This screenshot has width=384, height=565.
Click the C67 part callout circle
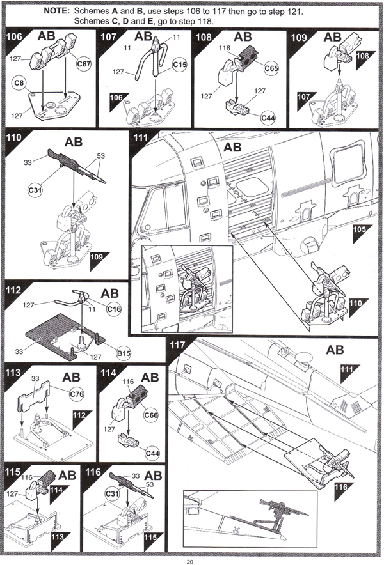pos(84,64)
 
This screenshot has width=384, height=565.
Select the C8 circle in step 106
pos(19,83)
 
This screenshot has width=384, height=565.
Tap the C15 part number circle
pos(179,65)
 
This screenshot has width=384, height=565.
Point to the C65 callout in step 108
pos(271,68)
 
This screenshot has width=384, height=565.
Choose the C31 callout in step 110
pos(35,190)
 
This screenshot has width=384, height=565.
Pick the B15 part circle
pos(124,353)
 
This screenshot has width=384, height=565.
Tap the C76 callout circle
pos(77,394)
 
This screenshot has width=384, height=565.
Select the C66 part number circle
pos(151,415)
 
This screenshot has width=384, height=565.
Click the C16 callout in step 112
pos(114,309)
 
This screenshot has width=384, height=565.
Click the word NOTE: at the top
pos(57,11)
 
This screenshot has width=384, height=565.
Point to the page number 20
pos(190,561)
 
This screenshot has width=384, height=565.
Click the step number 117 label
pos(177,345)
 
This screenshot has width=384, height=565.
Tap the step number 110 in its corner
pos(13,137)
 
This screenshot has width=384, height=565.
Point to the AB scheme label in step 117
pos(335,350)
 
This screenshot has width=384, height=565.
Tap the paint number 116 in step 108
pos(224,48)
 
